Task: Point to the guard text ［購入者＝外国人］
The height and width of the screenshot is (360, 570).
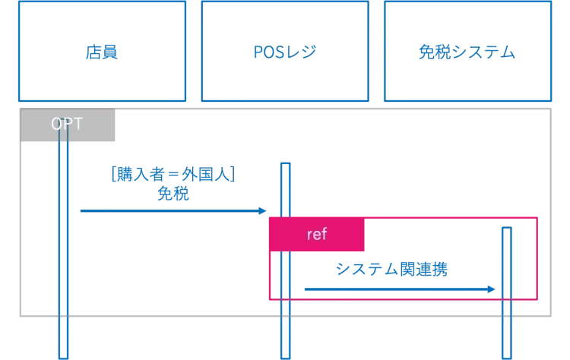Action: point(173,176)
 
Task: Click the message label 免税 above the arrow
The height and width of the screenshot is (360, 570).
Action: point(173,194)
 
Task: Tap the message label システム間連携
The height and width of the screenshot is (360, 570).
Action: point(391,270)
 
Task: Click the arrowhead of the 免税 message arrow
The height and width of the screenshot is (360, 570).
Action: point(263,211)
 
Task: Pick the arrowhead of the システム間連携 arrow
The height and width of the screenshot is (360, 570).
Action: point(492,289)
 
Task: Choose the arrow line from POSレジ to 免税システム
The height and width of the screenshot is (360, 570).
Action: point(395,289)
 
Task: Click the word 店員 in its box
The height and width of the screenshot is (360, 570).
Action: point(102,52)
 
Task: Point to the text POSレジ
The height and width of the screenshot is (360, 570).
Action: point(284,52)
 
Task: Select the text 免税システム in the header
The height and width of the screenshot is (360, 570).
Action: point(467,52)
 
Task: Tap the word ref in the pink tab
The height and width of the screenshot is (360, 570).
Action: point(317,235)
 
